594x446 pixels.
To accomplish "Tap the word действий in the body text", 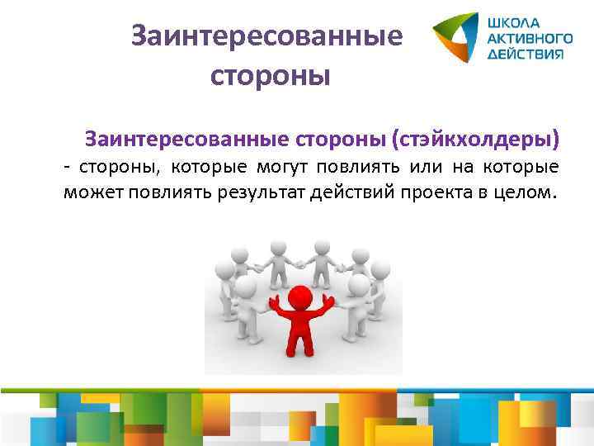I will tap(356, 195).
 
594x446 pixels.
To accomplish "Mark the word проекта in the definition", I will tap(438, 195).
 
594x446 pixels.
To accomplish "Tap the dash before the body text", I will tap(67, 168).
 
